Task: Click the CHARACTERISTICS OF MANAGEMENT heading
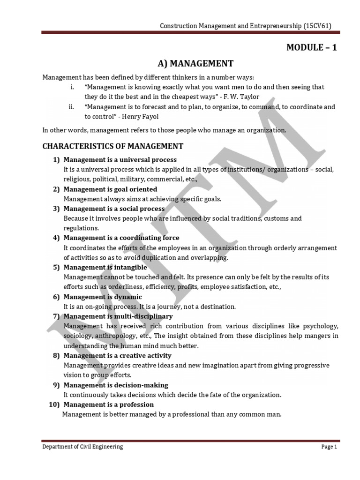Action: (x=113, y=146)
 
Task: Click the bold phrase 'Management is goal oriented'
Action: (x=111, y=189)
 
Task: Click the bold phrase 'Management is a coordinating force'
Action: (x=121, y=238)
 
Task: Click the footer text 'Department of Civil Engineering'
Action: (x=82, y=447)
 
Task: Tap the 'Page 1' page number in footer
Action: (x=329, y=447)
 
